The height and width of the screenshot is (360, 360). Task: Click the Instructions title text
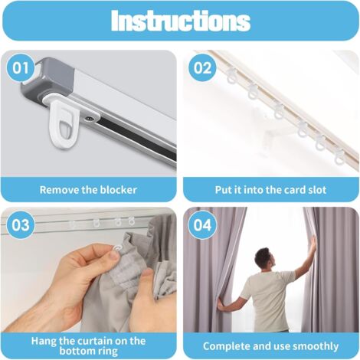[x=181, y=21]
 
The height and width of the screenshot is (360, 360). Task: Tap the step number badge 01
[x=21, y=68]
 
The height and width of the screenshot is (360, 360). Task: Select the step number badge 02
[x=202, y=68]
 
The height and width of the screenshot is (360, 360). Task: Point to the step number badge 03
[x=21, y=225]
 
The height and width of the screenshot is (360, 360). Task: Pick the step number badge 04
[x=202, y=225]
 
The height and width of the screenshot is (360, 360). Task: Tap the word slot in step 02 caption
[x=317, y=190]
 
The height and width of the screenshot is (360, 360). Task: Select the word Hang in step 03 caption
[x=44, y=342]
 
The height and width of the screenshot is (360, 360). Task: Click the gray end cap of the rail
[x=47, y=79]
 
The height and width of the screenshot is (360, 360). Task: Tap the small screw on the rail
[x=89, y=118]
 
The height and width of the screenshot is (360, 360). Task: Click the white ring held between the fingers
[x=118, y=248]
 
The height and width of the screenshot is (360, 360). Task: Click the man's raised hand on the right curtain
[x=313, y=244]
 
